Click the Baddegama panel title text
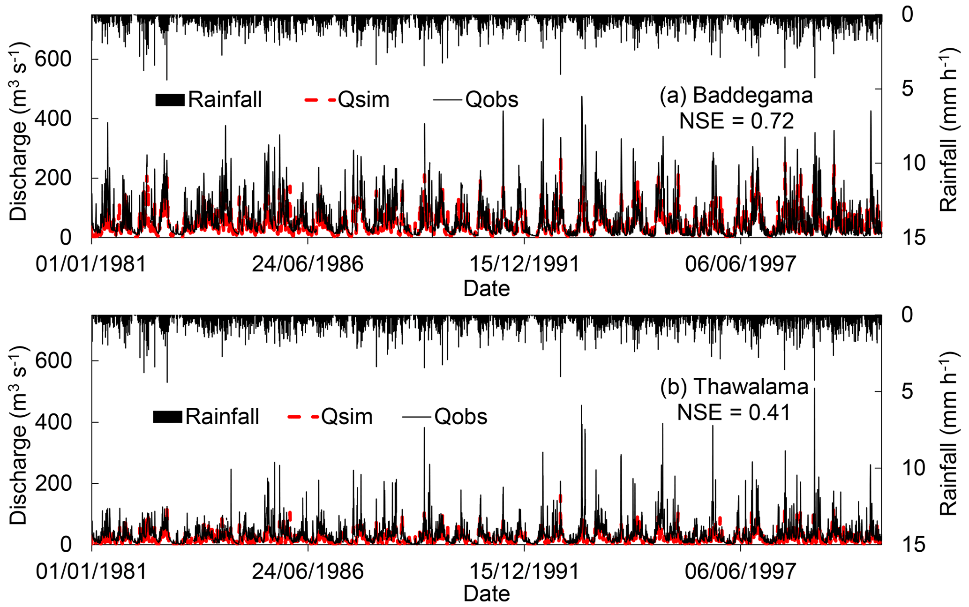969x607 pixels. [x=736, y=96]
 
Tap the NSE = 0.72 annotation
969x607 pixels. [x=736, y=121]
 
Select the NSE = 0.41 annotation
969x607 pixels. [x=734, y=412]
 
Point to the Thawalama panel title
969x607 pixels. [x=734, y=387]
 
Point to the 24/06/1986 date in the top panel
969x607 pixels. [x=308, y=264]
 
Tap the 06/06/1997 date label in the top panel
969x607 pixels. [x=740, y=264]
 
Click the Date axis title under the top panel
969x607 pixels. [x=486, y=288]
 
